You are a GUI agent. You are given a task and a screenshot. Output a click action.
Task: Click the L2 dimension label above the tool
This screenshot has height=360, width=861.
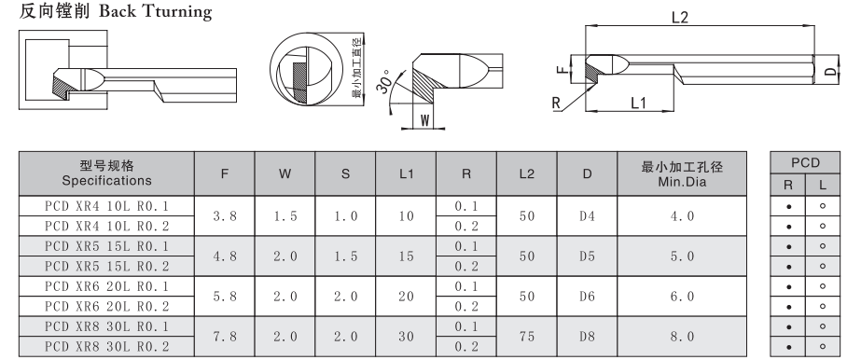tap(679, 18)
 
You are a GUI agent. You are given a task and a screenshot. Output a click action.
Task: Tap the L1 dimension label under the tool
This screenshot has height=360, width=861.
tap(638, 103)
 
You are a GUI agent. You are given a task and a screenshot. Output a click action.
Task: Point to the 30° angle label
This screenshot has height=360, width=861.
tap(385, 82)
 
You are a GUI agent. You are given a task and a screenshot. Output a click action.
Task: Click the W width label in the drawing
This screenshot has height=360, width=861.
tap(425, 121)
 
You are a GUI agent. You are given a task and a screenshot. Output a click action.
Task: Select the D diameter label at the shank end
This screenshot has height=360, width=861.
tap(832, 71)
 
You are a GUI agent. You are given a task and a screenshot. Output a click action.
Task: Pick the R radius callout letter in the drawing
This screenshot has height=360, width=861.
tap(556, 103)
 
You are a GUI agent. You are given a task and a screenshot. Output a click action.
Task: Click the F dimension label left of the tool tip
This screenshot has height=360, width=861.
tap(561, 70)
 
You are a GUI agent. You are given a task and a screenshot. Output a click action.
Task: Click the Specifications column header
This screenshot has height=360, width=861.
tap(106, 181)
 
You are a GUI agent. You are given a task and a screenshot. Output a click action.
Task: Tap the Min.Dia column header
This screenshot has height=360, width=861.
tap(682, 181)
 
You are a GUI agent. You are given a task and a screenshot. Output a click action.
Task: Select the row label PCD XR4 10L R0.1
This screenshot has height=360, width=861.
tap(106, 206)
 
